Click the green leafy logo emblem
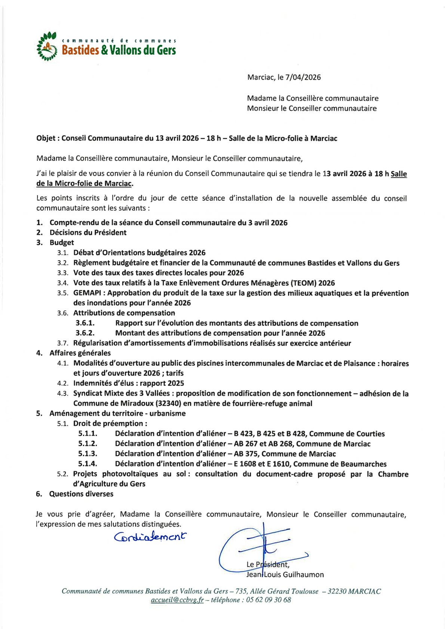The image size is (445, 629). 46,47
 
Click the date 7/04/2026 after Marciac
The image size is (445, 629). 303,77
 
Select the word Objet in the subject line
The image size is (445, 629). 46,138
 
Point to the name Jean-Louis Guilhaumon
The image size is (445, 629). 285,574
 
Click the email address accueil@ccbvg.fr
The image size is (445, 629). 177,600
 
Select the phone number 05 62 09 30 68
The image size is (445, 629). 268,600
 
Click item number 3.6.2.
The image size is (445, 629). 85,333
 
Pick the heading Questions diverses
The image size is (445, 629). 81,494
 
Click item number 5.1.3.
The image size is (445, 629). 88,454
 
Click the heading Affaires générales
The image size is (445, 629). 80,353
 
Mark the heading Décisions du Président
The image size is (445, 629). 88,233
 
